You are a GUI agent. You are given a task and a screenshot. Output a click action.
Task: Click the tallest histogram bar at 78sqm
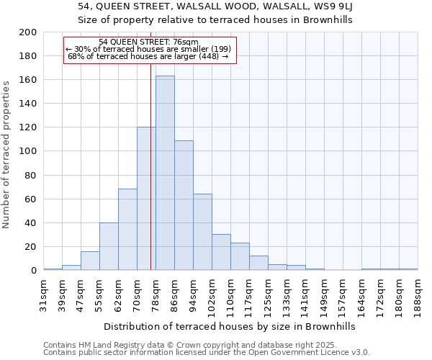click(x=165, y=173)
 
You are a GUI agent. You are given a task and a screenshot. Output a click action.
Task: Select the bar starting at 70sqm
click(x=146, y=199)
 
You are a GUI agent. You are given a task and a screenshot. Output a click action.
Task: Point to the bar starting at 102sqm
click(x=221, y=252)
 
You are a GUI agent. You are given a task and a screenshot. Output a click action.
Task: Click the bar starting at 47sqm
click(x=90, y=261)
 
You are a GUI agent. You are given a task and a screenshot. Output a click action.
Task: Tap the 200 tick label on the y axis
click(x=28, y=32)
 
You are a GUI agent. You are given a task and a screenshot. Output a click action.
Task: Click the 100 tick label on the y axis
click(x=28, y=151)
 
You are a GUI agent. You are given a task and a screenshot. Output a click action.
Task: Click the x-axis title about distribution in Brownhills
click(x=230, y=326)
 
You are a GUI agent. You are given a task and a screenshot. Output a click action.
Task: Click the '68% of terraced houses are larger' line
click(x=148, y=56)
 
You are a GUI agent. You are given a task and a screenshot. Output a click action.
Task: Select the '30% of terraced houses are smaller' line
click(x=148, y=49)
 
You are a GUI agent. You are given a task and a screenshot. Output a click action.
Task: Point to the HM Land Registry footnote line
click(x=205, y=345)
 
